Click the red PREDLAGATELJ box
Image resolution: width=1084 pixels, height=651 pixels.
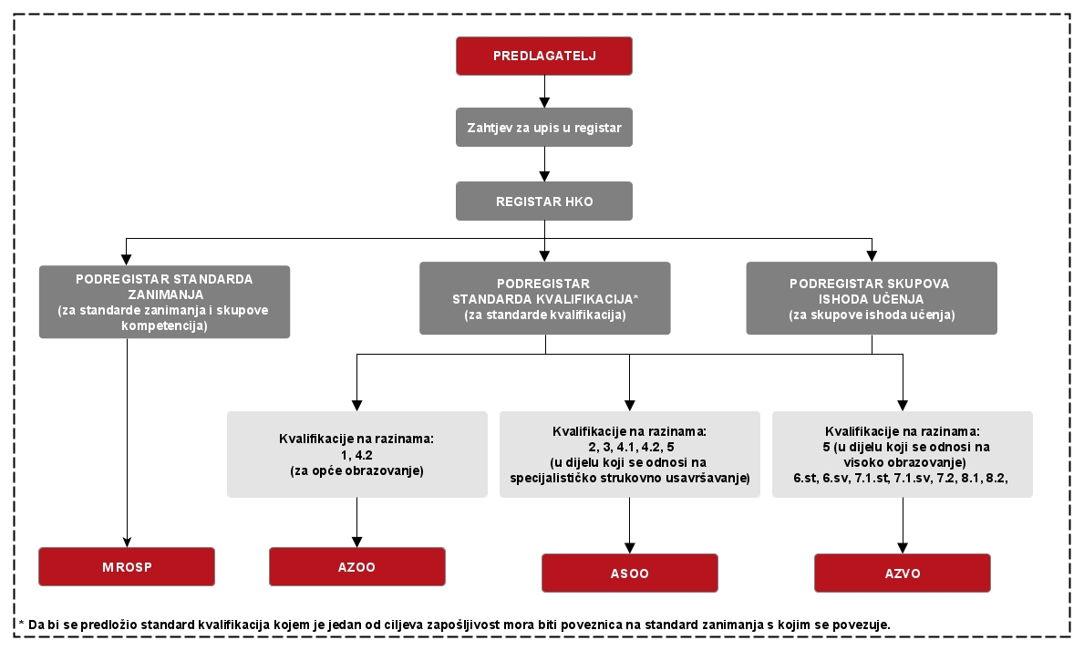point(544,56)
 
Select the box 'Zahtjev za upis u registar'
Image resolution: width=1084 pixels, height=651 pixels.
point(544,127)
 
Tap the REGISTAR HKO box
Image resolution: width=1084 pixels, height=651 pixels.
point(544,201)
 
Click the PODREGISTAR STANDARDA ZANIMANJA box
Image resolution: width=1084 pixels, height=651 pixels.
point(164,302)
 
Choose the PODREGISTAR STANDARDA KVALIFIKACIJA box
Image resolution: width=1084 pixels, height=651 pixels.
point(545,298)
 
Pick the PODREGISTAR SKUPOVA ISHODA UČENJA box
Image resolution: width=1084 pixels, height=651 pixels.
point(872,298)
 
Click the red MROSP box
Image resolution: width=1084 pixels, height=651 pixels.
point(127,567)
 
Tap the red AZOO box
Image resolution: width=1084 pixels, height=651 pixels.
point(356,567)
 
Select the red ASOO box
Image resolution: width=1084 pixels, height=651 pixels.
point(630,573)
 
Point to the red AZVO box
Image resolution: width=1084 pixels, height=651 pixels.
point(903,573)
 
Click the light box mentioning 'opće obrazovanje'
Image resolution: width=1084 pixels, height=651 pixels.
point(356,455)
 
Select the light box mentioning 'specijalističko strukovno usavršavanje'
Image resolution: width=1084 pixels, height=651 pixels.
point(630,455)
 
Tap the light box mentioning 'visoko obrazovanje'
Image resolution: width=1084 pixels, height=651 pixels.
point(903,455)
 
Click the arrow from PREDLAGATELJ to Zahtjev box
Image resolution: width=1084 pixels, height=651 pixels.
point(545,91)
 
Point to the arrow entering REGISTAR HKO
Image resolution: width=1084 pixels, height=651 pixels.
point(545,164)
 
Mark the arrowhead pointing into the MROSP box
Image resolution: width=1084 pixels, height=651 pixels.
point(128,542)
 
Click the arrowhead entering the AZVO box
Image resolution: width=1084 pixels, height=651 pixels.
point(903,548)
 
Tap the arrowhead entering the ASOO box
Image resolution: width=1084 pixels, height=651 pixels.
point(630,548)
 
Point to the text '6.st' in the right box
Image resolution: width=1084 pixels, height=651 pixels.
point(805,478)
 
